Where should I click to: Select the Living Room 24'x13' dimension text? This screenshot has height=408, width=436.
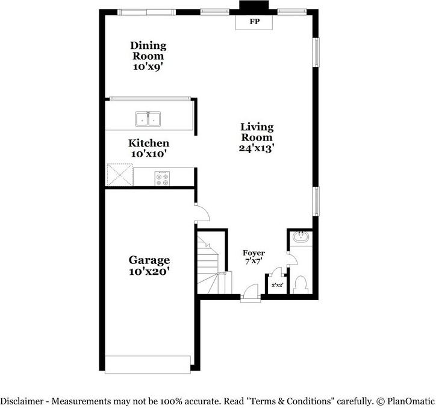257,148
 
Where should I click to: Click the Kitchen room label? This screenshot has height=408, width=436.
148,143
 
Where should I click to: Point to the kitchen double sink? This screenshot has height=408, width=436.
148,119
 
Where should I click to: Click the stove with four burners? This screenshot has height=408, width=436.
163,179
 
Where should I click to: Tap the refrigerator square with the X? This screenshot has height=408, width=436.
119,176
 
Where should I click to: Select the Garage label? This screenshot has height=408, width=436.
149,260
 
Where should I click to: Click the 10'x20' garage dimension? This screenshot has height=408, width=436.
149,272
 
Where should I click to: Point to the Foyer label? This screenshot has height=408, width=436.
254,253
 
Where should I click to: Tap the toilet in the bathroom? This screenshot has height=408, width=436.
299,284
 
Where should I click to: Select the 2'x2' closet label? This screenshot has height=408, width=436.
277,284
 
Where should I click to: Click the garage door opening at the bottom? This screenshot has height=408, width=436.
148,363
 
